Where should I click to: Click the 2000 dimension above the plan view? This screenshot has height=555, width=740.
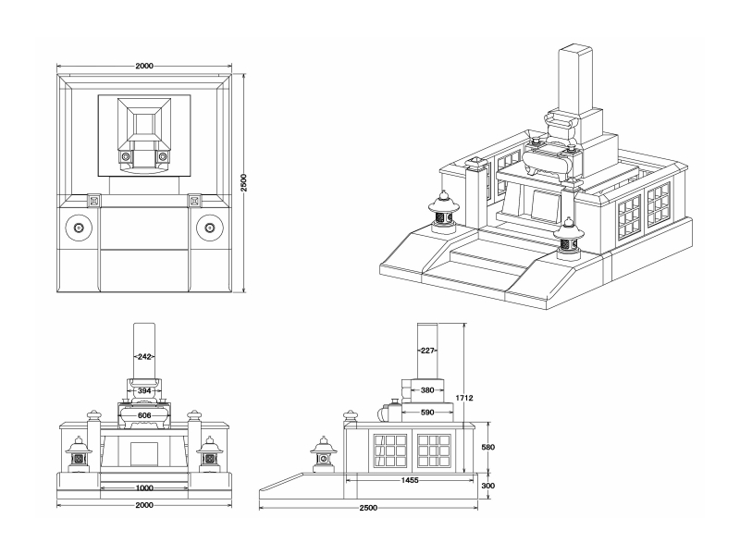pyautogui.click(x=143, y=67)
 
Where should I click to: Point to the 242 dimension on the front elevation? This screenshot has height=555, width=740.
pyautogui.click(x=144, y=356)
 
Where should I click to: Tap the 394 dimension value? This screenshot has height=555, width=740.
pyautogui.click(x=144, y=391)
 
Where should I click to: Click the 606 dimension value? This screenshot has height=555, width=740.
pyautogui.click(x=144, y=416)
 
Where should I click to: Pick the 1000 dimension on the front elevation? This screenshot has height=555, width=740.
pyautogui.click(x=144, y=487)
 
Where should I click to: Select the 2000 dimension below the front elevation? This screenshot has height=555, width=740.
pyautogui.click(x=144, y=506)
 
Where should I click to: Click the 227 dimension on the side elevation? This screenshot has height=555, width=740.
pyautogui.click(x=426, y=350)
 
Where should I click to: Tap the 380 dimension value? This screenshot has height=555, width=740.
pyautogui.click(x=426, y=390)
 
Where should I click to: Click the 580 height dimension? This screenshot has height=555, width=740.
pyautogui.click(x=489, y=448)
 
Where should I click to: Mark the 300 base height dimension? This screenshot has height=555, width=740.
pyautogui.click(x=489, y=485)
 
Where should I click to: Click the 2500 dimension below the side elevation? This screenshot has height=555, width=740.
pyautogui.click(x=369, y=509)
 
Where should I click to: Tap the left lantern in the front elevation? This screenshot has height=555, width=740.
pyautogui.click(x=79, y=452)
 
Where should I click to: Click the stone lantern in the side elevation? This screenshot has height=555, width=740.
pyautogui.click(x=323, y=452)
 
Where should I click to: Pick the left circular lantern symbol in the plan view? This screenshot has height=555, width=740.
pyautogui.click(x=79, y=227)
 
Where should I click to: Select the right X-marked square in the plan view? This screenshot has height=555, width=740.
pyautogui.click(x=194, y=200)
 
